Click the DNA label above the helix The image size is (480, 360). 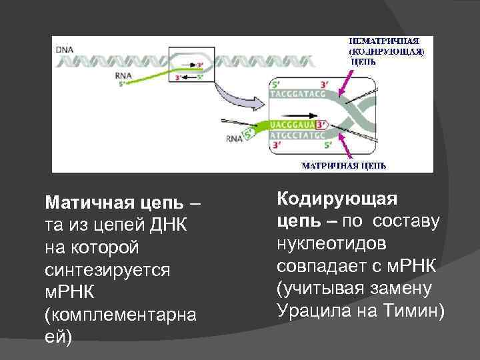pos(65,50)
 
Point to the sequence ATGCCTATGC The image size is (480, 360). pos(298,135)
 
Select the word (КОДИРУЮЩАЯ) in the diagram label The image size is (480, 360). pos(387,51)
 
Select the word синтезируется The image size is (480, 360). pos(107,270)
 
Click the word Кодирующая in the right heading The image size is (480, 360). pos(337,199)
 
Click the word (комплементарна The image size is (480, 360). pos(120,315)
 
